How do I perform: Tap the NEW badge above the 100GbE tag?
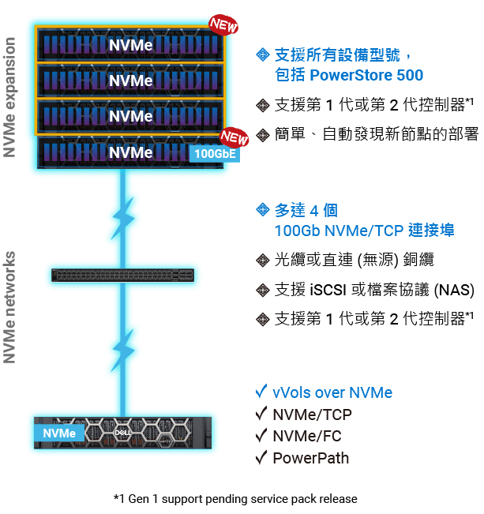pyautogui.click(x=234, y=137)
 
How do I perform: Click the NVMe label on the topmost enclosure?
pyautogui.click(x=130, y=45)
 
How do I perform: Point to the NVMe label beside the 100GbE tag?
pyautogui.click(x=130, y=152)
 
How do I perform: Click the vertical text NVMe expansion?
pyautogui.click(x=10, y=96)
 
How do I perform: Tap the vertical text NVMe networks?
pyautogui.click(x=10, y=308)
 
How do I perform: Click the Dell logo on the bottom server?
pyautogui.click(x=122, y=433)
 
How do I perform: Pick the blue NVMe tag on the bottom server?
pyautogui.click(x=59, y=433)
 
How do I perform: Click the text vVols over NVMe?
pyautogui.click(x=332, y=392)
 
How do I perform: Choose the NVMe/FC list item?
pyautogui.click(x=308, y=436)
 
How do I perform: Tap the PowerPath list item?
pyautogui.click(x=310, y=458)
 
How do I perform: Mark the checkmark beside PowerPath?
pyautogui.click(x=261, y=458)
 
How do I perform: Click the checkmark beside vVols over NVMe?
pyautogui.click(x=261, y=392)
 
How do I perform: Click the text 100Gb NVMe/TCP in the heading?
pyautogui.click(x=340, y=231)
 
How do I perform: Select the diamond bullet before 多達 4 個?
pyautogui.click(x=262, y=210)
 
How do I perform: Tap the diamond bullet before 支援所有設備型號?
pyautogui.click(x=262, y=54)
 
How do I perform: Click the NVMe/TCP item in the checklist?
pyautogui.click(x=312, y=415)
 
